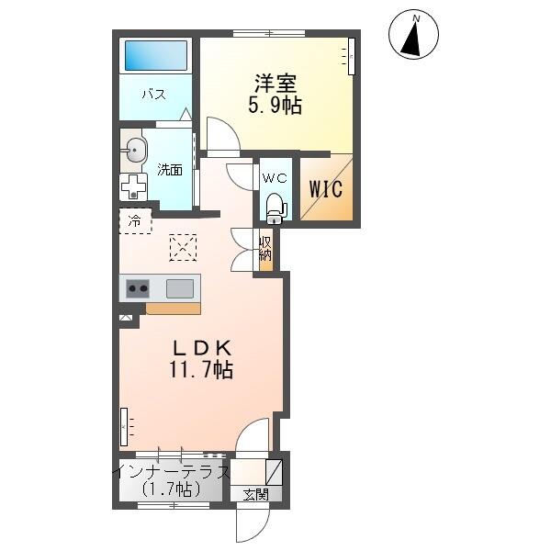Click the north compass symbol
(x=413, y=35)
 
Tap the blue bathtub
(x=156, y=55)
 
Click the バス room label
(x=154, y=95)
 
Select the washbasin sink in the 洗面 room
(x=135, y=151)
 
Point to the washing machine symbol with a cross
(x=133, y=186)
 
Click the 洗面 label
(x=170, y=170)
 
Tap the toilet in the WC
(x=275, y=208)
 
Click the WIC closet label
(x=326, y=189)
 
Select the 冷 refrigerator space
(x=135, y=221)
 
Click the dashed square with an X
(x=183, y=247)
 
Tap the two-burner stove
(x=138, y=288)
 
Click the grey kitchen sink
(x=180, y=288)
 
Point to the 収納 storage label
(x=265, y=249)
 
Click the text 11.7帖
(x=201, y=370)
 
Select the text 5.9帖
(x=275, y=105)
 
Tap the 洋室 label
(x=275, y=84)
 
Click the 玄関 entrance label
(x=256, y=495)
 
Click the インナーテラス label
(x=173, y=472)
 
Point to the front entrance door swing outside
(x=253, y=524)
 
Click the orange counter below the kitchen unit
(x=174, y=309)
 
